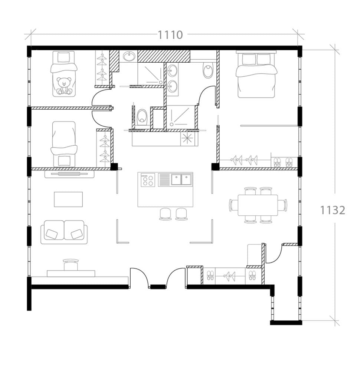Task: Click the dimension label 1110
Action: coord(170,35)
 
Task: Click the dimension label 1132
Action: coord(333,210)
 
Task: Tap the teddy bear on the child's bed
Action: coord(64,86)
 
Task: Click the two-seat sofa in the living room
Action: coord(64,232)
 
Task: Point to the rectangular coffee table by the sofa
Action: coord(68,199)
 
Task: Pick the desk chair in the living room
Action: coord(71,264)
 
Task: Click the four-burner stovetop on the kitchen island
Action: coord(148,180)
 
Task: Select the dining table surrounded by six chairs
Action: coord(258,205)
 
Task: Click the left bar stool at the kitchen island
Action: coord(166,214)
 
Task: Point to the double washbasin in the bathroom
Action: coord(172,79)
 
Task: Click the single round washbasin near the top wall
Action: coord(129,56)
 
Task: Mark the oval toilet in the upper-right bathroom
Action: coord(208,70)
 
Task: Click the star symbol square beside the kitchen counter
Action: coord(187,139)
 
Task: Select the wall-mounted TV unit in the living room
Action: coord(69,173)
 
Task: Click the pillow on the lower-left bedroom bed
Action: coord(64,161)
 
